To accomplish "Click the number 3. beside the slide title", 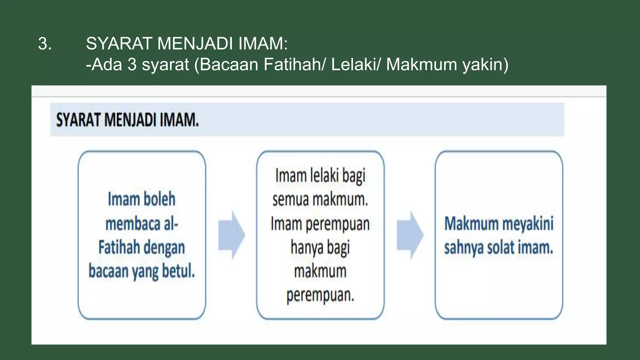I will [x=45, y=43].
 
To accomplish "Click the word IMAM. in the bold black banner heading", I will [x=179, y=120].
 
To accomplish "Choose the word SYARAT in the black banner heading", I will [x=79, y=120].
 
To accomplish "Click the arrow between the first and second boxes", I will [x=232, y=235].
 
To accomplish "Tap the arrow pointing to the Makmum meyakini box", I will [x=410, y=235].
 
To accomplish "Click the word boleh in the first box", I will [x=159, y=199].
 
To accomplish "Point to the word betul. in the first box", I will [x=178, y=271].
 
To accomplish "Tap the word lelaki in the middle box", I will [x=325, y=176].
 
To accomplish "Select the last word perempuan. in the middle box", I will [x=320, y=295].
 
